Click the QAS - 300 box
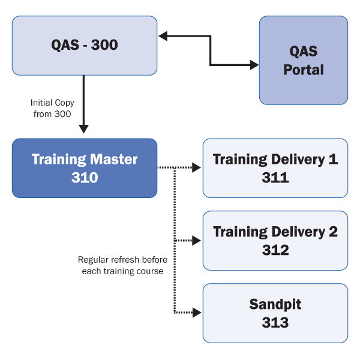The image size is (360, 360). click(x=85, y=46)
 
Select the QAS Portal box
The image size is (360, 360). click(x=304, y=60)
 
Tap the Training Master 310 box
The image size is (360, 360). click(x=85, y=168)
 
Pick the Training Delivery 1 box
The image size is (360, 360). click(x=275, y=168)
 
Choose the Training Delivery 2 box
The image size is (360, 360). click(x=275, y=241)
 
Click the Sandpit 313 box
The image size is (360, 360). click(x=275, y=313)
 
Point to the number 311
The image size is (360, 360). click(x=275, y=178)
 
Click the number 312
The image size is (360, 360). click(x=275, y=250)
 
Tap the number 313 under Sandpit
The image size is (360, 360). click(x=275, y=322)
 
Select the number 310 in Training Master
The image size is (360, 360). click(x=85, y=178)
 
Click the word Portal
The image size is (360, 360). click(x=304, y=70)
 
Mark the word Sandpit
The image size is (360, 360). click(x=275, y=304)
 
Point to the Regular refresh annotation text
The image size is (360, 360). click(x=122, y=265)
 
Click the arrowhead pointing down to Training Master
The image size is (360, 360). click(x=84, y=128)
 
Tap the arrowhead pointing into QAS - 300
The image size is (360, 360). click(x=163, y=37)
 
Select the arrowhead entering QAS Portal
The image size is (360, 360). click(x=254, y=64)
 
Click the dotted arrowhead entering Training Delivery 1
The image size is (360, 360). click(x=197, y=168)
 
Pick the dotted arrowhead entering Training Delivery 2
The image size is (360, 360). click(x=197, y=241)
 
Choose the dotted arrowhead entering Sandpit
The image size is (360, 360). click(x=197, y=313)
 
